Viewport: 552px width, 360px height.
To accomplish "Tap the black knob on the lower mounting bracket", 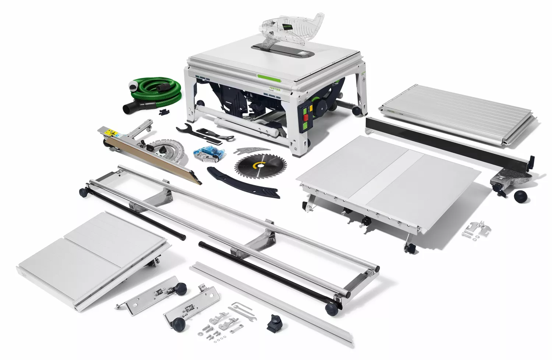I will (x=179, y=324).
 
